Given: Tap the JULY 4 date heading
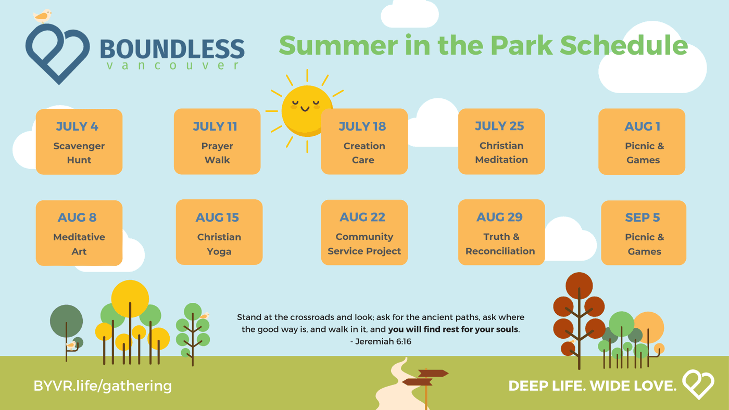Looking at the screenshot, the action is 77,126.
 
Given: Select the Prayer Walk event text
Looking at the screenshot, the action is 217,153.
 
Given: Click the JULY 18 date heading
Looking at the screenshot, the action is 362,126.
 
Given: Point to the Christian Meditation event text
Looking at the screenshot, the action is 501,152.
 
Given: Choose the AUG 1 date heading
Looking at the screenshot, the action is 642,126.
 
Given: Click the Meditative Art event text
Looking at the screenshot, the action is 79,244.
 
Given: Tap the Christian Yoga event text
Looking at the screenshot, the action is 219,244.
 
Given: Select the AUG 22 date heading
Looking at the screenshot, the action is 362,217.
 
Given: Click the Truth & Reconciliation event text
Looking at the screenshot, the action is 500,244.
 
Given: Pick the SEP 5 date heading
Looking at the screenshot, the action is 643,217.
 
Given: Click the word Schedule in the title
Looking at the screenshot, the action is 624,45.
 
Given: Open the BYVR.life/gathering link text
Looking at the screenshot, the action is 103,386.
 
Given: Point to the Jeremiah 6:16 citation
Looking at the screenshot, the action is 381,341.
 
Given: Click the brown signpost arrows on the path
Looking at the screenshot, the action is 425,378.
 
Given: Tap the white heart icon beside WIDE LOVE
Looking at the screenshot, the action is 698,384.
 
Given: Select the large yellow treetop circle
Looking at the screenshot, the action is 130,299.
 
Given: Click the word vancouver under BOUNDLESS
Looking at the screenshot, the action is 172,66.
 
